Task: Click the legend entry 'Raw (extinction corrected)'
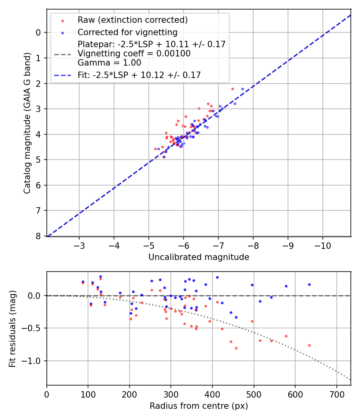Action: pos(132,20)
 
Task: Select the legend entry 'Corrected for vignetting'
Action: pos(127,32)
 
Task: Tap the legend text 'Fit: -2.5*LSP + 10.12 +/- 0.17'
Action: pos(139,75)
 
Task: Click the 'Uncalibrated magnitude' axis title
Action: pos(199,257)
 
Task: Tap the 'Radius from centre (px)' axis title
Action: pos(199,406)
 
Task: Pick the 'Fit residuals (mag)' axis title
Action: pos(13,329)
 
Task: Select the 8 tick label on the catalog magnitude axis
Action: pos(38,236)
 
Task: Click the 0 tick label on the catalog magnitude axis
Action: pos(38,32)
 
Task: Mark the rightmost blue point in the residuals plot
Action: pos(309,284)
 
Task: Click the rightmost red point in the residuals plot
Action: pos(309,345)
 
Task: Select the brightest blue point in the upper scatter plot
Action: pos(242,89)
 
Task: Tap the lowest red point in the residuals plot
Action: pos(236,348)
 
